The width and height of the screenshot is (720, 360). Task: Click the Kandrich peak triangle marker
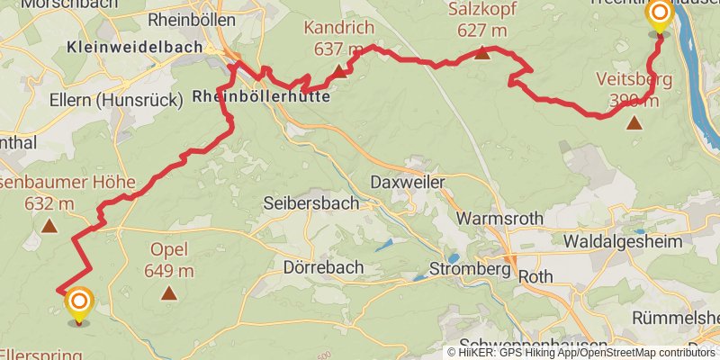click(x=338, y=72)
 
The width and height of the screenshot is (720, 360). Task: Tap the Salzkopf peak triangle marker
click(x=482, y=53)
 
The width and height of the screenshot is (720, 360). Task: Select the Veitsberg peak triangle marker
click(x=634, y=122)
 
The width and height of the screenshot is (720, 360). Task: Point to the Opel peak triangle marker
click(x=168, y=292)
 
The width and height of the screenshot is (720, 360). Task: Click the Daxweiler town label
click(x=408, y=182)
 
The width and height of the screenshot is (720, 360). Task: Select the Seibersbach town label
click(x=310, y=204)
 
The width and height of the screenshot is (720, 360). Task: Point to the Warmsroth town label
click(x=500, y=218)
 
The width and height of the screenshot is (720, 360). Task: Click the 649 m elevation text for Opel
click(x=169, y=270)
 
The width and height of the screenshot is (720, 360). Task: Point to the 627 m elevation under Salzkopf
click(x=482, y=31)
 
